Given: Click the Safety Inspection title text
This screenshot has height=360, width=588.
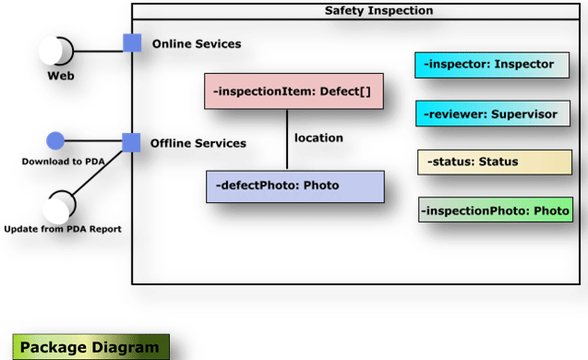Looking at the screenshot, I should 378,11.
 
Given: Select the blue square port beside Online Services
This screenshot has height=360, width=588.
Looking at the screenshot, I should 132,43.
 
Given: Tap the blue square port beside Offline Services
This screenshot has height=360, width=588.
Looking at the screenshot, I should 131,142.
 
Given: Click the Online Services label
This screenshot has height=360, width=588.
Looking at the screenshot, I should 197,44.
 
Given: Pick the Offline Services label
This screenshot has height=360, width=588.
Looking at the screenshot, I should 198,143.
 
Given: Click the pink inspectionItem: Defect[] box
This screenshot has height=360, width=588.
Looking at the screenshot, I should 294,92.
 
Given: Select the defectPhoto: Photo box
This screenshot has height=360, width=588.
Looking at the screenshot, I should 294,186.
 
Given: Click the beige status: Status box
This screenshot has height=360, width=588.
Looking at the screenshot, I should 494,162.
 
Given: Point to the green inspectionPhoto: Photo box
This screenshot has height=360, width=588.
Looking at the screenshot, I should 496,210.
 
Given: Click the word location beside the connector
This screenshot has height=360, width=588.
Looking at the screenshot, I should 318,138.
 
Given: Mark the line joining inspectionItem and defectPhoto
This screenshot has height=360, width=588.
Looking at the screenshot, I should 287,139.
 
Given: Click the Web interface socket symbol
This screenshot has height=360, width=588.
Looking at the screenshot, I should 56,51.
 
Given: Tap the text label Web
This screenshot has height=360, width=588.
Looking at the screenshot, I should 61,77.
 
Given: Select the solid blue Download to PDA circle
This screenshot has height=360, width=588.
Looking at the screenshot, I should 55,141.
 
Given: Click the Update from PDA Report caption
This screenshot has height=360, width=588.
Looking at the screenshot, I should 63,229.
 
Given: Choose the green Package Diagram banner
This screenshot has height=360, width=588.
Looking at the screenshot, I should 90,347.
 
